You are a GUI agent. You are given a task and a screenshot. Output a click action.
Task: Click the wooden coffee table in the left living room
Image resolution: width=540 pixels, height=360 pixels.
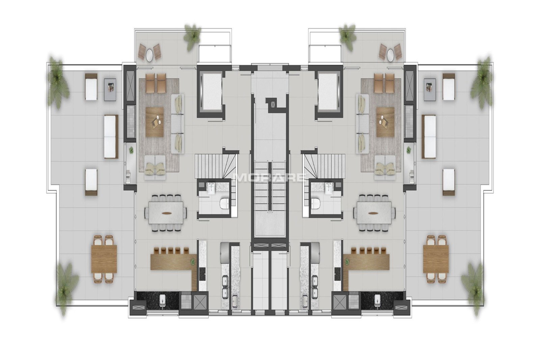pos(155,122)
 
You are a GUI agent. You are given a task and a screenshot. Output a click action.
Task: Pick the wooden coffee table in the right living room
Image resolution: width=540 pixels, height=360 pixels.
pos(385,122)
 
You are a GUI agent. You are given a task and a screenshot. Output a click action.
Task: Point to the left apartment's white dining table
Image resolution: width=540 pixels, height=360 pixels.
pos(166,213)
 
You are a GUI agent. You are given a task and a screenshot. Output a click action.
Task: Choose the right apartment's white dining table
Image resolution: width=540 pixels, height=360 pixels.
pos(374,213)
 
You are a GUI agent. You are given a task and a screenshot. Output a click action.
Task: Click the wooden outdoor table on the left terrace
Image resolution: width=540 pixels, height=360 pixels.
pos(104,259)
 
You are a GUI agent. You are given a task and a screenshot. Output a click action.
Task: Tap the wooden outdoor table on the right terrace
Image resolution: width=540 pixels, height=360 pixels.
pos(436,259)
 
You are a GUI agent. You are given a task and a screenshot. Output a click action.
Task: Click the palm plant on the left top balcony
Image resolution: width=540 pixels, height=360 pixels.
pos(192,37)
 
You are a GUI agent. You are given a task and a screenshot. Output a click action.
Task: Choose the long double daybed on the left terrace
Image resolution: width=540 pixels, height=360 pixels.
pos(111,136)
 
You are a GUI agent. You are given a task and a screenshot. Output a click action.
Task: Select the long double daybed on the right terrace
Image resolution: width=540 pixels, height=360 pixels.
pos(429,136)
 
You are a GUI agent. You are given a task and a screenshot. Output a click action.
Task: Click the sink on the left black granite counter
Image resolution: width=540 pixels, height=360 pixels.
pos(162,300)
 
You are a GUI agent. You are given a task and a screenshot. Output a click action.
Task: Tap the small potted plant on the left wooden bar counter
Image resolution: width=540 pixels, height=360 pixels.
pos(193,262)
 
